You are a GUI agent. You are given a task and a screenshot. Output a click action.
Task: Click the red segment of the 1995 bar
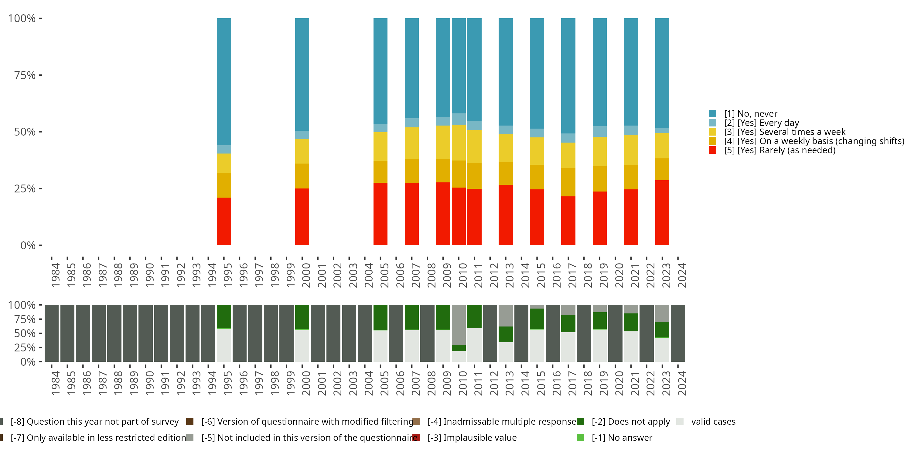pyautogui.click(x=224, y=221)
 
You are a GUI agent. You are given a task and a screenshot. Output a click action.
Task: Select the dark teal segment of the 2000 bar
pyautogui.click(x=302, y=74)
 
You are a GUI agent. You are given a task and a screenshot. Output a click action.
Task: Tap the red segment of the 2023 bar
pyautogui.click(x=662, y=212)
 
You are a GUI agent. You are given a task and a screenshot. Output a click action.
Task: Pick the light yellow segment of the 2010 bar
pyautogui.click(x=459, y=142)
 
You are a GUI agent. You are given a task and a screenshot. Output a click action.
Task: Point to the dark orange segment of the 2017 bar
pyautogui.click(x=568, y=182)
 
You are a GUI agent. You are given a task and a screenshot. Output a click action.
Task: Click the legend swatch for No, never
pyautogui.click(x=713, y=114)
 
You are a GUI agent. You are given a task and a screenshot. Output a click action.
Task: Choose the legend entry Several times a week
pyautogui.click(x=784, y=132)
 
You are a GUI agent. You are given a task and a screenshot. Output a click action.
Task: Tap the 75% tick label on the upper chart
pyautogui.click(x=25, y=75)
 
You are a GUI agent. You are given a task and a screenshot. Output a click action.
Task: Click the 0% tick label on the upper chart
pyautogui.click(x=28, y=245)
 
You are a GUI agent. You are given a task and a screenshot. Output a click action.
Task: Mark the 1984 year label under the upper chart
pyautogui.click(x=56, y=275)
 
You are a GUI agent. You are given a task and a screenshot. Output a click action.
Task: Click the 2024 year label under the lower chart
pyautogui.click(x=682, y=383)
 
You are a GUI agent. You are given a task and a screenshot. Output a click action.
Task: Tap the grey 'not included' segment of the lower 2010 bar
pyautogui.click(x=459, y=325)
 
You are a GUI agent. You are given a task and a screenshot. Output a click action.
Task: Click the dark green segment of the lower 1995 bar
pyautogui.click(x=224, y=316)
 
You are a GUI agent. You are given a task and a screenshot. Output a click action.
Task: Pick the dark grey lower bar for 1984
pyautogui.click(x=52, y=333)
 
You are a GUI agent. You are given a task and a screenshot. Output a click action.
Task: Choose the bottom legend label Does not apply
pyautogui.click(x=630, y=422)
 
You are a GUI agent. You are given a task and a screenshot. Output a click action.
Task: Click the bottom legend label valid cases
pyautogui.click(x=713, y=422)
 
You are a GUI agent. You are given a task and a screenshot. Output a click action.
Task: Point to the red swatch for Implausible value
pyautogui.click(x=416, y=437)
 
